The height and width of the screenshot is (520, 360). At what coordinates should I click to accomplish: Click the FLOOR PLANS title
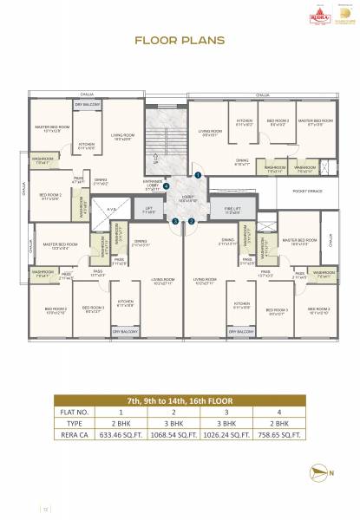[x=180, y=40]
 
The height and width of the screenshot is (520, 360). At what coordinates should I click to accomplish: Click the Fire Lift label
[x=231, y=211]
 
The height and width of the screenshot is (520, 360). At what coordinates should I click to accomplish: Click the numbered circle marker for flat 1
[x=198, y=175]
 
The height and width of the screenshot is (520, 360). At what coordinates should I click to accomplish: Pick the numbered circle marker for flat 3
[x=175, y=220]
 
